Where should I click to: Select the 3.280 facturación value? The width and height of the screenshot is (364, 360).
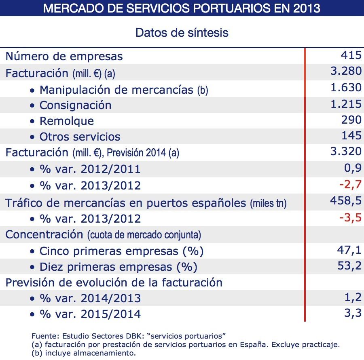tap(346, 71)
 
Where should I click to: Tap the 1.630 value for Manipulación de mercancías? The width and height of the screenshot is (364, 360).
tap(346, 88)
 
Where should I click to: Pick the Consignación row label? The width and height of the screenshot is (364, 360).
tap(75, 105)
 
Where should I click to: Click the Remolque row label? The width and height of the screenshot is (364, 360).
tap(66, 121)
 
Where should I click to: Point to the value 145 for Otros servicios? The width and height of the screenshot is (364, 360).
tap(351, 136)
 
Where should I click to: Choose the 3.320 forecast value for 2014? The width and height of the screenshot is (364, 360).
tap(346, 151)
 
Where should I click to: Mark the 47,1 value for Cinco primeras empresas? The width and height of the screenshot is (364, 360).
tap(349, 250)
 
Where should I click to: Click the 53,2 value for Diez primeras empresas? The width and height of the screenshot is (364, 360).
tap(349, 266)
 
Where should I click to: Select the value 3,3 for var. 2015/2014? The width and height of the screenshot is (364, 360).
tap(353, 313)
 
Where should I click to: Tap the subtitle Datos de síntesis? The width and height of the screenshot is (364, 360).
tap(182, 32)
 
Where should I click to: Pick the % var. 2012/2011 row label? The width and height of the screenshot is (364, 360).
tap(90, 169)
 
